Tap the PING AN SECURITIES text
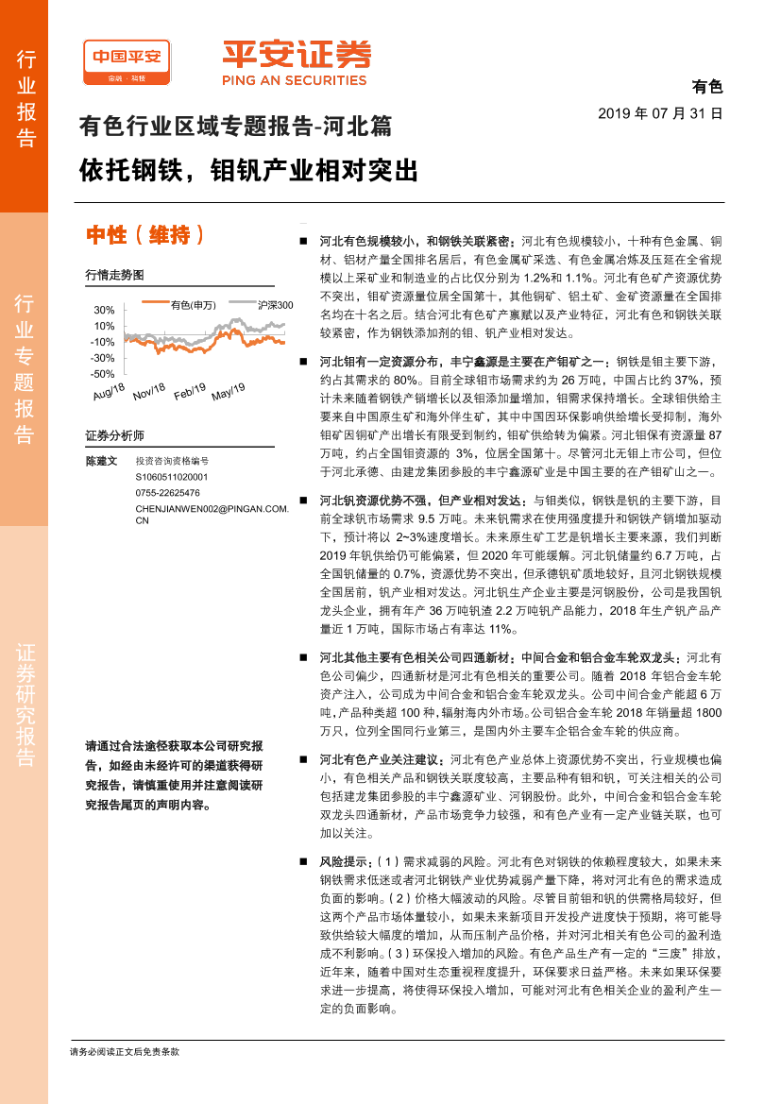point(294,81)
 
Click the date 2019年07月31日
point(660,113)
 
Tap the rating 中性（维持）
point(145,235)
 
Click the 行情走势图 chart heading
point(114,275)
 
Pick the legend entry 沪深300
point(275,305)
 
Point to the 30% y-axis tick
point(104,310)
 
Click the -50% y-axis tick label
point(103,374)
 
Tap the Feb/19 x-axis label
point(191,391)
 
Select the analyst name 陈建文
point(101,461)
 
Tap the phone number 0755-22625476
point(168,492)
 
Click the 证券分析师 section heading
point(114,435)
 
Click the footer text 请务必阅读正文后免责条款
point(125,1050)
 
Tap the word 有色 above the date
point(706,88)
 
